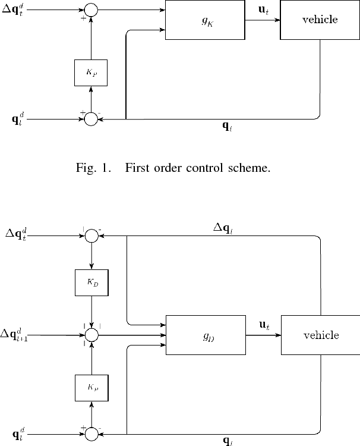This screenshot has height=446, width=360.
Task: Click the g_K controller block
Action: [205, 20]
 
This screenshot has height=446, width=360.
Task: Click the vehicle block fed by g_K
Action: [320, 20]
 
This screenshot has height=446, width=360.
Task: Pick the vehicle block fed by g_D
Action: [321, 335]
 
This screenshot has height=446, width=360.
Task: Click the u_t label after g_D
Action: [263, 325]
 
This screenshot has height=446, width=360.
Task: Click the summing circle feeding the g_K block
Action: [91, 9]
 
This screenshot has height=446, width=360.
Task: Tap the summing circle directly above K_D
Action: [91, 235]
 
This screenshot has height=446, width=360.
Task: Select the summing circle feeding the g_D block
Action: [91, 335]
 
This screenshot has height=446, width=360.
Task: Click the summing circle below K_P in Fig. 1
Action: [91, 119]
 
